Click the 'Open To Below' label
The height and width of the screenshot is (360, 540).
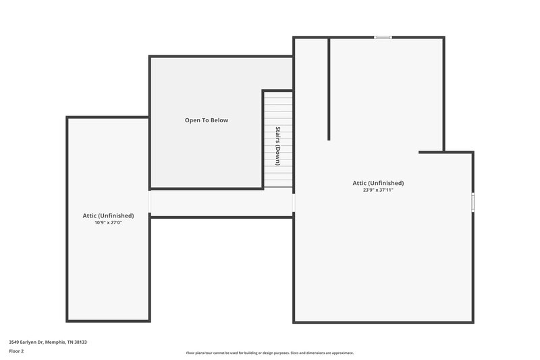tap(207, 120)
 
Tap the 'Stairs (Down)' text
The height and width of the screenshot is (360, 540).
tap(277, 145)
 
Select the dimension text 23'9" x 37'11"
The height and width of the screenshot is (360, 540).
tap(378, 190)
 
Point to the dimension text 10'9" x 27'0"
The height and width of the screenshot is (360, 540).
tap(108, 222)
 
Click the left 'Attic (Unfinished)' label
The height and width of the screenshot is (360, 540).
tap(108, 215)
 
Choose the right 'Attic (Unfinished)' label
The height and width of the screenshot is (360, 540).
tap(378, 183)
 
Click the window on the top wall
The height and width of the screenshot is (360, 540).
tap(383, 38)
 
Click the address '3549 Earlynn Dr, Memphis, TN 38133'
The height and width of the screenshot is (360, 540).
tap(47, 342)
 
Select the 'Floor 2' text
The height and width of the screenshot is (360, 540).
tap(16, 351)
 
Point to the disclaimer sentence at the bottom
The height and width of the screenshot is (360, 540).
tap(269, 353)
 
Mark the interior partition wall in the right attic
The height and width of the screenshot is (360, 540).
tap(329, 88)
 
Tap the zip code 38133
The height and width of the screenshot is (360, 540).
tap(80, 342)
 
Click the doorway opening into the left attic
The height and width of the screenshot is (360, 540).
tap(149, 203)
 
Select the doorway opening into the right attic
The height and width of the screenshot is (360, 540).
tap(294, 203)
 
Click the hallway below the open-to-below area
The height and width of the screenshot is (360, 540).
tap(221, 203)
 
